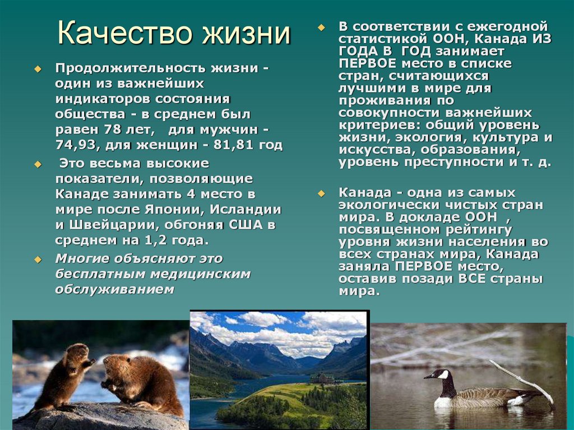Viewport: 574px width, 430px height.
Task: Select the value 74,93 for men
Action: (x=76, y=146)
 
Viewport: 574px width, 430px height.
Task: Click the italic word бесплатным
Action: (x=93, y=274)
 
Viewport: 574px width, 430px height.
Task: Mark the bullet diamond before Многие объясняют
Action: (x=38, y=260)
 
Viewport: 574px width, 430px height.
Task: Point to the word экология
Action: (x=431, y=137)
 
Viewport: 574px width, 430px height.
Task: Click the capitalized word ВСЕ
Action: (x=475, y=279)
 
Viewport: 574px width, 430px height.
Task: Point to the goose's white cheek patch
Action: (x=443, y=374)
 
